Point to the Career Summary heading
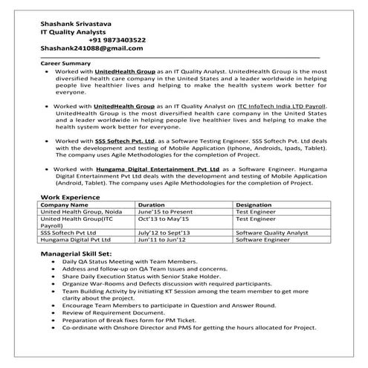click(x=65, y=63)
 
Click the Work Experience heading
click(x=74, y=196)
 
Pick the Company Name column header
click(x=64, y=204)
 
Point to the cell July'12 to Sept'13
click(x=164, y=233)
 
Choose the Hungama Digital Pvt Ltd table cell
click(x=75, y=241)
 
